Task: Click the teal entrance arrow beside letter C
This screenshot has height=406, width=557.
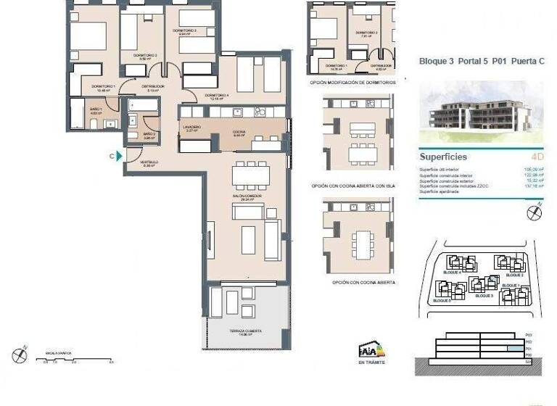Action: coord(119,156)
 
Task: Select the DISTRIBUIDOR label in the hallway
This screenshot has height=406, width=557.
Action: coord(152,88)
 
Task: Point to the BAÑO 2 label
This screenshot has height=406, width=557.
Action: coord(149,135)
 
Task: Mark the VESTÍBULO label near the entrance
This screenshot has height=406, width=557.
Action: coord(149,163)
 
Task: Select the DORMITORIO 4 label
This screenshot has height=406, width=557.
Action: coord(217,96)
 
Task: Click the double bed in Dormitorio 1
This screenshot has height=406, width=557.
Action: coord(87,36)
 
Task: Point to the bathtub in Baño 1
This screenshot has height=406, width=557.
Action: coord(77,112)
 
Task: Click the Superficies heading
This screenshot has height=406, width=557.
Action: coord(443,157)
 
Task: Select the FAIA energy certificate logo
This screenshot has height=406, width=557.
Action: coord(371,349)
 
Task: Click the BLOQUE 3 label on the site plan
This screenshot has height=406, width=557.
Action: coord(484,297)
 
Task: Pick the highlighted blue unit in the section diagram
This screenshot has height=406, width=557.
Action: coord(513,349)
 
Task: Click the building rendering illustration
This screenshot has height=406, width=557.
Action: coord(481,114)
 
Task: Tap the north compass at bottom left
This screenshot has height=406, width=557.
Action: coord(20,355)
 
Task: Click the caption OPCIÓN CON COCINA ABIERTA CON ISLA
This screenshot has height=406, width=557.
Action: coord(353,186)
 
